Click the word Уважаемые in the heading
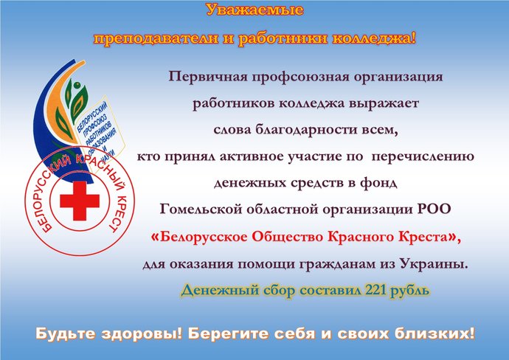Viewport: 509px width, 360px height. coord(254,10)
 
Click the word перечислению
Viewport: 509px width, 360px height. coord(423,157)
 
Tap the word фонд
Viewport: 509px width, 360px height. coord(378,183)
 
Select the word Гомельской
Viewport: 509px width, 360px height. coord(201,210)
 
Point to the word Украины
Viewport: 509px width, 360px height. coord(434,263)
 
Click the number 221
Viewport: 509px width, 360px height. coord(375,290)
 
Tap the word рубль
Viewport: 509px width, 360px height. coord(409,291)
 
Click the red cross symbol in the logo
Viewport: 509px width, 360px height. coord(80,201)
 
